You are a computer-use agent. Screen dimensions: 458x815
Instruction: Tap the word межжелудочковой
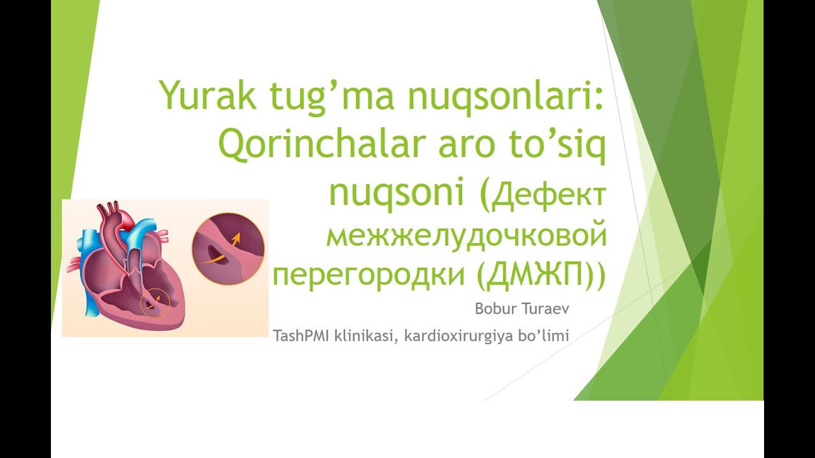coord(465,237)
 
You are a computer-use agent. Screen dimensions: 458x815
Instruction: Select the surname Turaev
coord(546,310)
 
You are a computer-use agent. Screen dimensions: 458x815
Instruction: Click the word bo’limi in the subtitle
coord(544,335)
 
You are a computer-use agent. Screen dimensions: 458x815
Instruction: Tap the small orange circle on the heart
coord(154,303)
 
